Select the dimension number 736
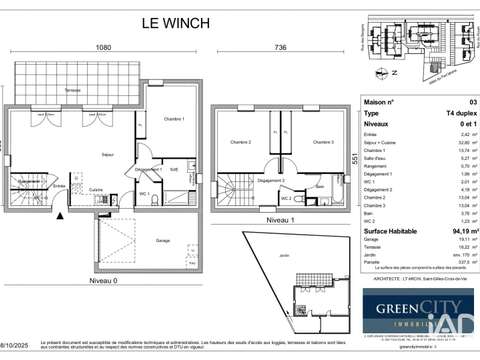coord(280,47)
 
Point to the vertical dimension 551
coord(354,159)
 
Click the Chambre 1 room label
coord(175,119)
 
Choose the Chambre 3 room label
coord(322,143)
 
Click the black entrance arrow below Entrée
coord(63,214)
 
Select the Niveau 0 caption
coord(103,282)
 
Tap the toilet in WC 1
coord(150,200)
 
